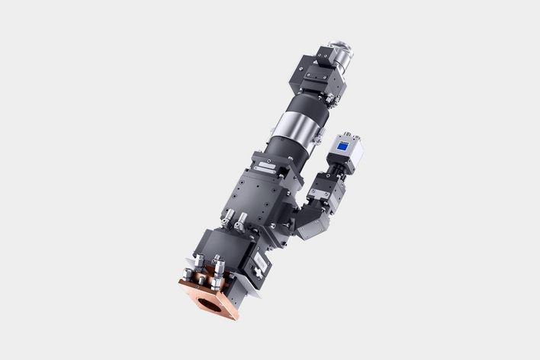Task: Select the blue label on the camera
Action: pos(344,146)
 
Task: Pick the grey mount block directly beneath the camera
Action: pos(328,187)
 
